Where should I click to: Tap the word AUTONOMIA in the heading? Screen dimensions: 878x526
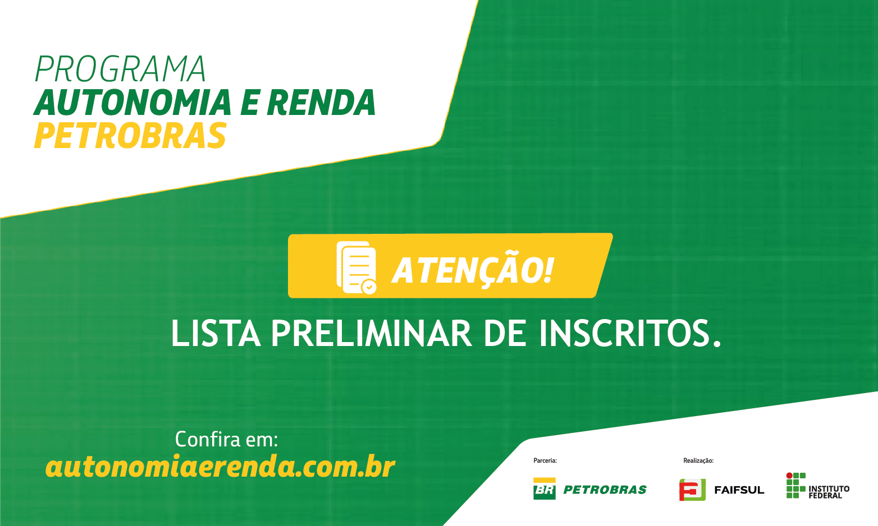[132, 103]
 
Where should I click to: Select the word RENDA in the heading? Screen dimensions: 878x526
[321, 103]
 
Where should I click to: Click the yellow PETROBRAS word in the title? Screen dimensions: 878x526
[130, 136]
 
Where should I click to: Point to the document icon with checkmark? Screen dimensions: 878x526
[356, 267]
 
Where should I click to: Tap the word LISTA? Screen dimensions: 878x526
[216, 333]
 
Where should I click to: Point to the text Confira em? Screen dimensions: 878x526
[227, 439]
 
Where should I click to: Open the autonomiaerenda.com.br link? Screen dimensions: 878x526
[220, 467]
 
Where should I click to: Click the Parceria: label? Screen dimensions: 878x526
[545, 460]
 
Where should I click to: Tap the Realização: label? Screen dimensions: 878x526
[698, 460]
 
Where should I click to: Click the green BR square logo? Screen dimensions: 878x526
[545, 489]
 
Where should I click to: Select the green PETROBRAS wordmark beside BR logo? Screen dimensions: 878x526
[605, 490]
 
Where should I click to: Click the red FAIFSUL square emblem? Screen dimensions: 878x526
[692, 490]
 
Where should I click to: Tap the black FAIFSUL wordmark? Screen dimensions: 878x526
[739, 490]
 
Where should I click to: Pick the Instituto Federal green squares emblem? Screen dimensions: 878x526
[795, 485]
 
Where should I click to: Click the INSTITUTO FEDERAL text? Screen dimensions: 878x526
[829, 492]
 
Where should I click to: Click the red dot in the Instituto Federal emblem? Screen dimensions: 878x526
[789, 476]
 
